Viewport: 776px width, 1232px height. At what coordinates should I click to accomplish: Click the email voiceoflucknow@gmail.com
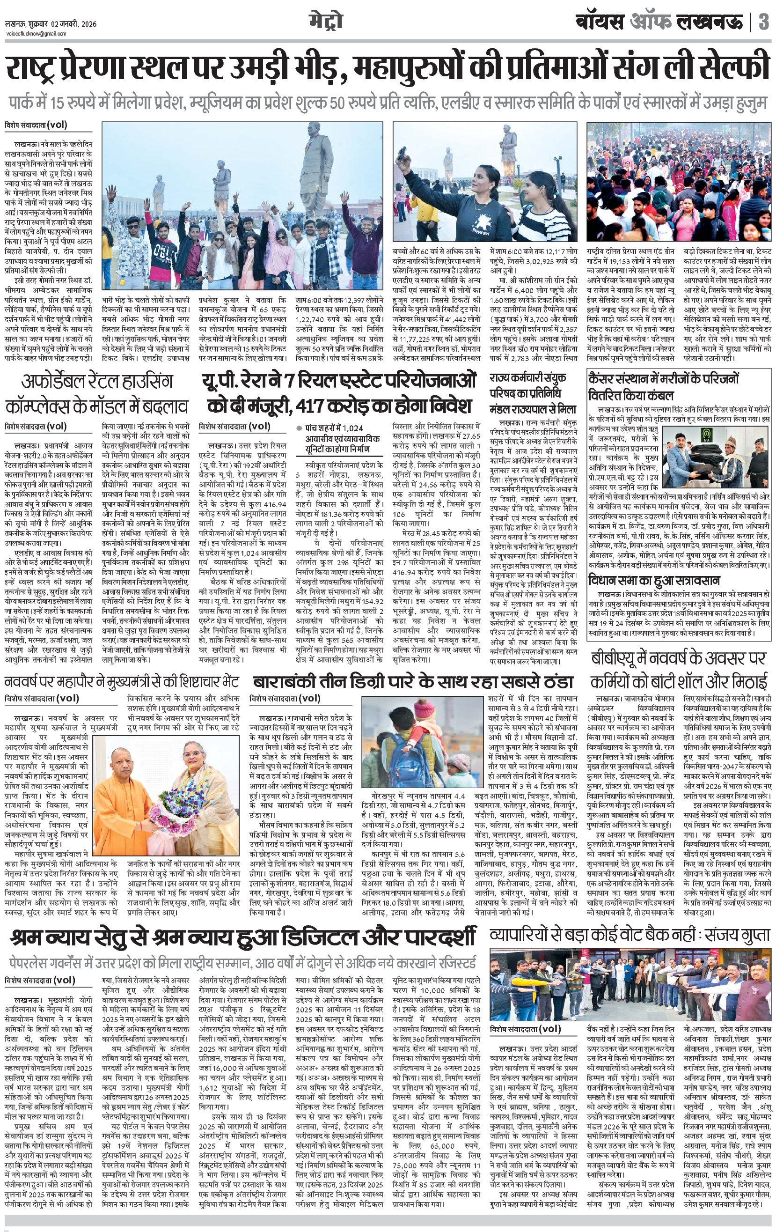(x=36, y=34)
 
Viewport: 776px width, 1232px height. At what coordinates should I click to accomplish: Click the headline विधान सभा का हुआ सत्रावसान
(x=654, y=581)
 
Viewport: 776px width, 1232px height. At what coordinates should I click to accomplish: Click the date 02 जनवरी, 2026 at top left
(x=71, y=24)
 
